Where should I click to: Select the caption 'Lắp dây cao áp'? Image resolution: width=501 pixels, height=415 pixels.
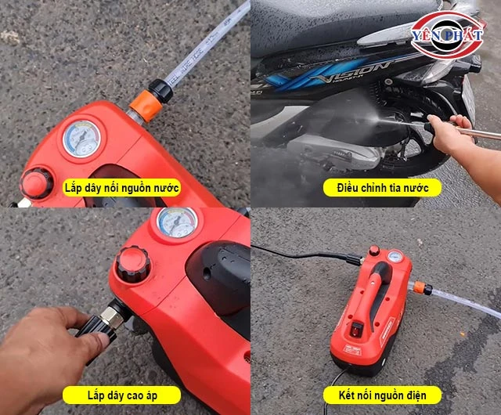[122, 395]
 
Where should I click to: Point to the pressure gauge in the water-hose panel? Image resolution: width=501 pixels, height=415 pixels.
[81, 139]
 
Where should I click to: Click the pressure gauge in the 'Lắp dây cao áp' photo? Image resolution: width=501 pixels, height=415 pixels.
[177, 222]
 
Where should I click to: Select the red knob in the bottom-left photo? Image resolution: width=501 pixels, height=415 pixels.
[133, 265]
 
